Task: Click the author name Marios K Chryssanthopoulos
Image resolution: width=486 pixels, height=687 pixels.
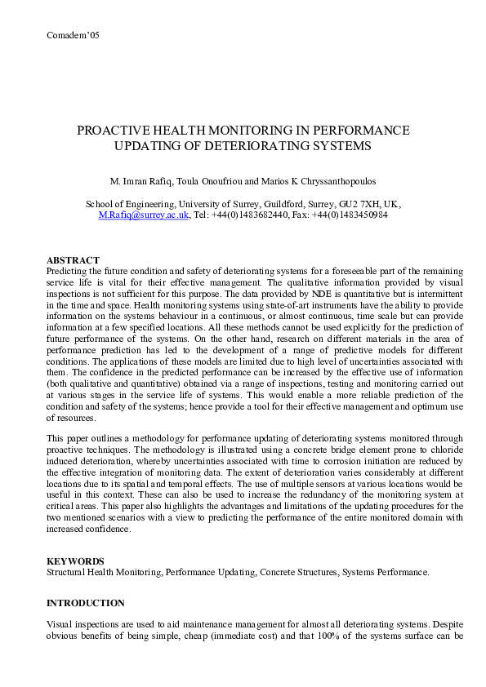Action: [321, 180]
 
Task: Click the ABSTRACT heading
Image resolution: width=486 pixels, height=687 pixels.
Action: [73, 259]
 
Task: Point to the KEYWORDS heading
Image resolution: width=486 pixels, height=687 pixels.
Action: [75, 561]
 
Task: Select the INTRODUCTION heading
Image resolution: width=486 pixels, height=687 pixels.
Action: [86, 603]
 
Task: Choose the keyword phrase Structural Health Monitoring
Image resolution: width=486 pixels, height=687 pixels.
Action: [104, 573]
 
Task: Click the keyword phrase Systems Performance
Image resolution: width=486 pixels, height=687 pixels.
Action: [381, 573]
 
